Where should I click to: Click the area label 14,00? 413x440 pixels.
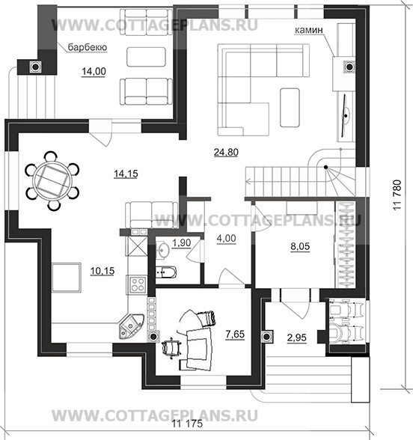tap(94, 71)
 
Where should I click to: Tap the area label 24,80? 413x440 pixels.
tap(226, 152)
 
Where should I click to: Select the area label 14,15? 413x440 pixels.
tap(126, 174)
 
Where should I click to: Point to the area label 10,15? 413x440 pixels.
tap(103, 271)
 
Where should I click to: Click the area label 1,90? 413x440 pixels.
tap(182, 242)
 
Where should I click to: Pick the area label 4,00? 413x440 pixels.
tap(226, 238)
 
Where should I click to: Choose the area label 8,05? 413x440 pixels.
tap(300, 246)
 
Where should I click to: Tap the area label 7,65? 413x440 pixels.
tap(235, 334)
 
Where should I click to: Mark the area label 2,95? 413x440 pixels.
tap(296, 337)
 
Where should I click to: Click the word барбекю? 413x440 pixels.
tap(88, 47)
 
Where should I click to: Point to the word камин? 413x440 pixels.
tap(308, 30)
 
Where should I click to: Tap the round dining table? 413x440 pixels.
tap(52, 180)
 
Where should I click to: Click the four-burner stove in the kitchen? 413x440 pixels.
tap(138, 285)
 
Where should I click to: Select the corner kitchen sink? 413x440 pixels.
tap(130, 326)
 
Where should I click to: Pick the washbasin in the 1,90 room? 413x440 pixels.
tap(162, 250)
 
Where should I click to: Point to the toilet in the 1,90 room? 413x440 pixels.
tap(165, 272)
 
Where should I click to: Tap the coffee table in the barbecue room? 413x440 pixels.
tap(146, 57)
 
